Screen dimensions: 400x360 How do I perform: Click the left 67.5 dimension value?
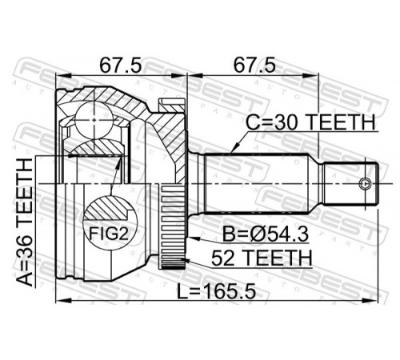tap(120, 66)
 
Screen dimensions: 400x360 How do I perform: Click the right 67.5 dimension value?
tap(254, 66)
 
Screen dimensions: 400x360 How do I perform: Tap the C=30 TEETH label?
tap(310, 122)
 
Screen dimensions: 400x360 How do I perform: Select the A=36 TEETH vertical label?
tap(25, 222)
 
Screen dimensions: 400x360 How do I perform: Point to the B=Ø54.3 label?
tap(266, 234)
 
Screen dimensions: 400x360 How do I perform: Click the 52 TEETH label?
tap(262, 258)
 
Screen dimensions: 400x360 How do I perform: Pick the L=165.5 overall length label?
tap(216, 290)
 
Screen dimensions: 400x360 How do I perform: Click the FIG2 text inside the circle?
tap(109, 234)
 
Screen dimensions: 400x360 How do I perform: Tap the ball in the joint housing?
tap(94, 120)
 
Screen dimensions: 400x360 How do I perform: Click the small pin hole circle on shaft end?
tap(365, 183)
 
